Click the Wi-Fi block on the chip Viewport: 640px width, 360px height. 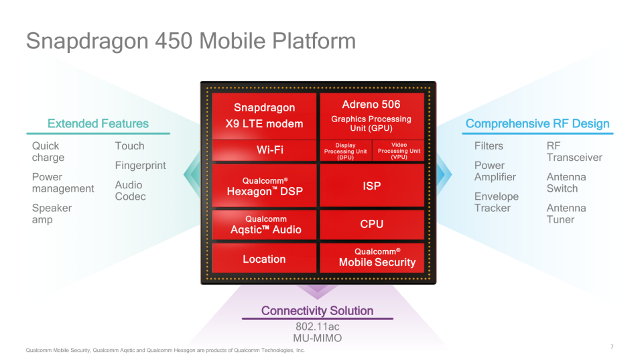[265, 149]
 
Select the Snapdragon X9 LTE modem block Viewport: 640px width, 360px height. [265, 116]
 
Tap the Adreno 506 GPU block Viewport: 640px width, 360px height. [372, 116]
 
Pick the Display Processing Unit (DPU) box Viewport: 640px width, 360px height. [346, 151]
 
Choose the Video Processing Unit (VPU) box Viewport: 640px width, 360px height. [399, 151]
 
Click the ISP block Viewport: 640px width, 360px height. [372, 186]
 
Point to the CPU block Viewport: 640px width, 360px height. [372, 224]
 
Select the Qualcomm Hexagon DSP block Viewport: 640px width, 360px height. [265, 186]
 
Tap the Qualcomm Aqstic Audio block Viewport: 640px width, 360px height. [265, 224]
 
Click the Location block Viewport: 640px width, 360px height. [265, 258]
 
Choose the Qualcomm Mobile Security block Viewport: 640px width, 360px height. [372, 258]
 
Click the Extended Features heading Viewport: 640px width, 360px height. [98, 123]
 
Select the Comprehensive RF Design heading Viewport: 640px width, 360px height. [537, 123]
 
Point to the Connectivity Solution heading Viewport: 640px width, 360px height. [317, 310]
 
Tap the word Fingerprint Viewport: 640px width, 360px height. [141, 166]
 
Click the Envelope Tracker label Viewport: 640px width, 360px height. [497, 202]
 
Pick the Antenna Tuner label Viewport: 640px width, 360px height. [566, 213]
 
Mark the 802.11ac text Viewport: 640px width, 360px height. [318, 326]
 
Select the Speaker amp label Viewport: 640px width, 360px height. [52, 213]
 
